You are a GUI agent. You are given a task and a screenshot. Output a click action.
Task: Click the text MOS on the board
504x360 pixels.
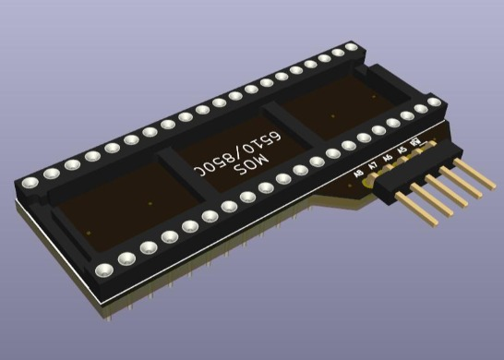[250, 165]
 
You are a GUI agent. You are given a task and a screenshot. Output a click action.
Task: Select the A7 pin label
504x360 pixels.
[373, 165]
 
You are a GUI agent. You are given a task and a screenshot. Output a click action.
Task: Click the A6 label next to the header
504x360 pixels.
[387, 159]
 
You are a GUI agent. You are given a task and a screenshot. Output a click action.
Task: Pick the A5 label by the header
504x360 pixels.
[402, 150]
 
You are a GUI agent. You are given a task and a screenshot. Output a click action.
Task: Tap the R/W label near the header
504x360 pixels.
[416, 143]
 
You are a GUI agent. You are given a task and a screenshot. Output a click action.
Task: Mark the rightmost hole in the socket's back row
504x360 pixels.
[354, 46]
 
